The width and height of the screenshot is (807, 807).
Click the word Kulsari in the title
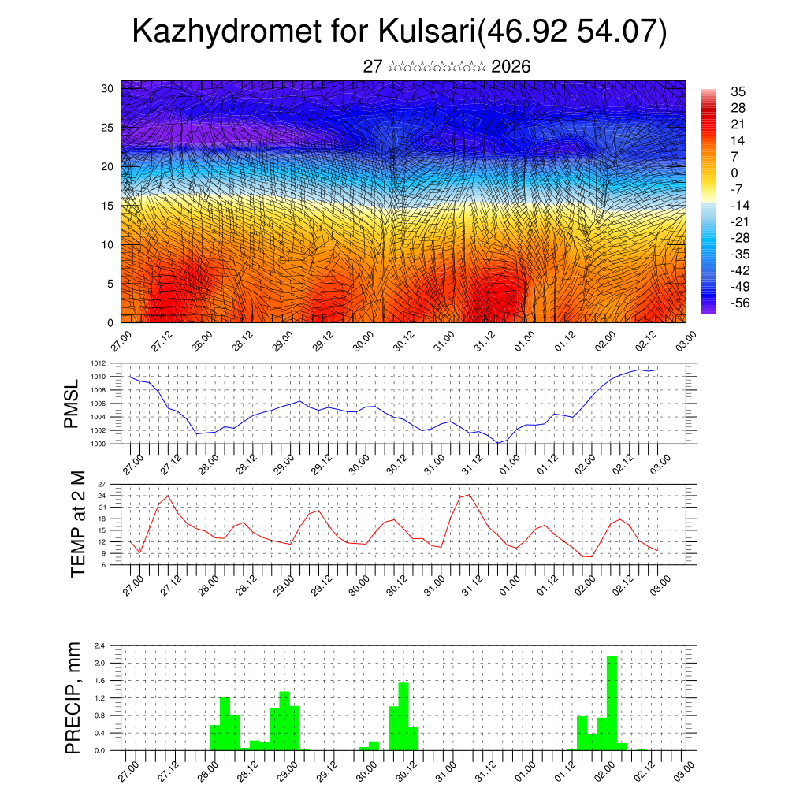[x=426, y=32]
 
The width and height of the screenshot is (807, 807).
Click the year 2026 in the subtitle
[x=511, y=66]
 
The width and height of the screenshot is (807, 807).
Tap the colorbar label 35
[x=738, y=92]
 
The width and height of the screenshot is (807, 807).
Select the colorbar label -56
[x=740, y=303]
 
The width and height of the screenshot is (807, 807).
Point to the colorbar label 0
[x=734, y=173]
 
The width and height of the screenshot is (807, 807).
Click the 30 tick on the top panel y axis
[x=107, y=88]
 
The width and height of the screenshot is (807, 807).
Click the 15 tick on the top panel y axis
[x=107, y=206]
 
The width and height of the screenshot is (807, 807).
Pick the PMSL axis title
[x=72, y=403]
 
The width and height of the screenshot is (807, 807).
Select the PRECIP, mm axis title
[x=73, y=697]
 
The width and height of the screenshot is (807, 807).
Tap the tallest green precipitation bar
[x=612, y=702]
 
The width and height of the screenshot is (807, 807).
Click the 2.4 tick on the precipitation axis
[x=100, y=645]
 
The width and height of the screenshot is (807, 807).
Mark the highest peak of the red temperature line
[x=469, y=495]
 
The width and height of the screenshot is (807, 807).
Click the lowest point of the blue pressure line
[x=497, y=443]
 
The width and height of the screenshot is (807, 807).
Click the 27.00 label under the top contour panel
[x=120, y=343]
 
